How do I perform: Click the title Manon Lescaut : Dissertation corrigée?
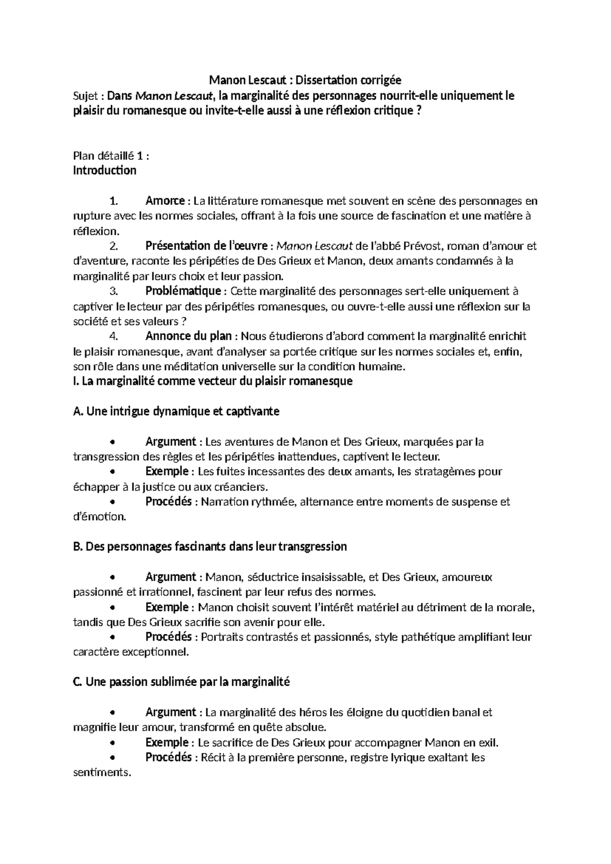pyautogui.click(x=305, y=80)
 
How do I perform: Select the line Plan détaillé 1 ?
pyautogui.click(x=111, y=155)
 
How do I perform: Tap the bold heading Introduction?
pyautogui.click(x=105, y=170)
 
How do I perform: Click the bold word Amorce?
pyautogui.click(x=164, y=201)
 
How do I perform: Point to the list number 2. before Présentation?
pyautogui.click(x=114, y=246)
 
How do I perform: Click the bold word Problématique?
pyautogui.click(x=183, y=291)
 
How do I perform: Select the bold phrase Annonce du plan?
pyautogui.click(x=188, y=336)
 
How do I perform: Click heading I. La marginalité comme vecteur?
pyautogui.click(x=213, y=381)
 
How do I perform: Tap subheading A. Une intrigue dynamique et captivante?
pyautogui.click(x=176, y=411)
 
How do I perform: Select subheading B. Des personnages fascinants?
pyautogui.click(x=210, y=547)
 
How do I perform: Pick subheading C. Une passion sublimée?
pyautogui.click(x=181, y=682)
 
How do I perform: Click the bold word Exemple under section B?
pyautogui.click(x=166, y=607)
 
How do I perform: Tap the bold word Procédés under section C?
pyautogui.click(x=168, y=758)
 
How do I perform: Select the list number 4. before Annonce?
pyautogui.click(x=114, y=336)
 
